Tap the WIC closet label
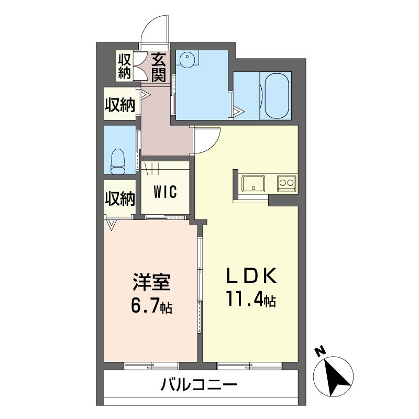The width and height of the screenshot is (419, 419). [x=164, y=191]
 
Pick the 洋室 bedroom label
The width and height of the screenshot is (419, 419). [x=151, y=283]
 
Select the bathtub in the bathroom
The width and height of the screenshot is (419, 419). [x=277, y=96]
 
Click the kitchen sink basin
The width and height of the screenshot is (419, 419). [x=253, y=184]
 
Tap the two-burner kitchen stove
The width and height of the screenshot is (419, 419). [x=286, y=183]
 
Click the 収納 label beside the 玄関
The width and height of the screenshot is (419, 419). [x=124, y=67]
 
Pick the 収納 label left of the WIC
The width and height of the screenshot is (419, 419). [x=120, y=199]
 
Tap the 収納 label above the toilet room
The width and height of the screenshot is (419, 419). [x=120, y=105]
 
